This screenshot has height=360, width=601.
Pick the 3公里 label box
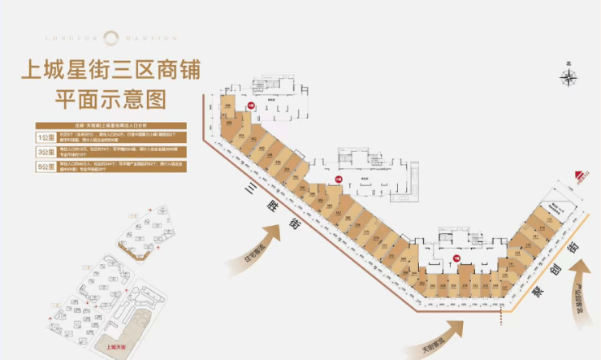tap(45, 152)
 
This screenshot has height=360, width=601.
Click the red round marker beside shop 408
tap(252, 105)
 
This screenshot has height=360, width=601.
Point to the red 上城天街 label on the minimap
tap(117, 345)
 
